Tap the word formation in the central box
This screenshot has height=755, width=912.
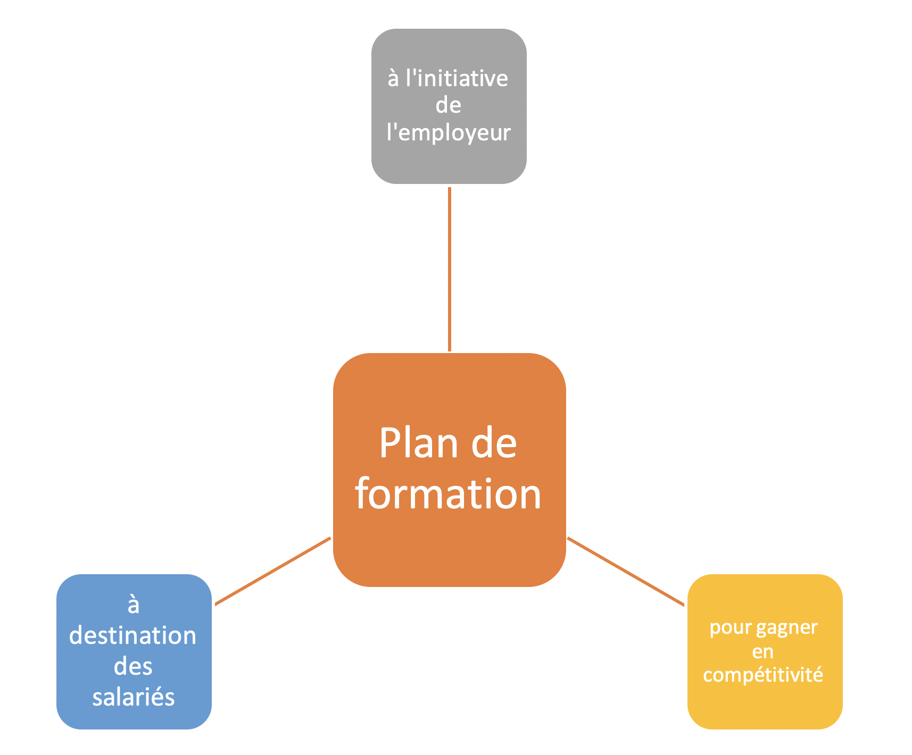click(x=448, y=493)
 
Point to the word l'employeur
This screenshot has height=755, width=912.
click(x=449, y=132)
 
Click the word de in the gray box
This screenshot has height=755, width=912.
click(x=448, y=105)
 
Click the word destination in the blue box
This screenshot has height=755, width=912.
click(x=133, y=635)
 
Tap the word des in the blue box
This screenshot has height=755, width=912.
click(x=133, y=666)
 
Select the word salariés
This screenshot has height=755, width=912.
click(x=133, y=697)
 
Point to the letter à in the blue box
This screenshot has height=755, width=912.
click(x=133, y=605)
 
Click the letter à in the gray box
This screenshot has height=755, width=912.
click(x=393, y=79)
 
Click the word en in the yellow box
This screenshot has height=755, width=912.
click(x=762, y=651)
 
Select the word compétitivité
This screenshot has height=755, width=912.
click(x=762, y=675)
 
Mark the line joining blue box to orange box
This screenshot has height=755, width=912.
click(x=272, y=571)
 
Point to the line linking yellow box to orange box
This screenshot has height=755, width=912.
click(x=626, y=571)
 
